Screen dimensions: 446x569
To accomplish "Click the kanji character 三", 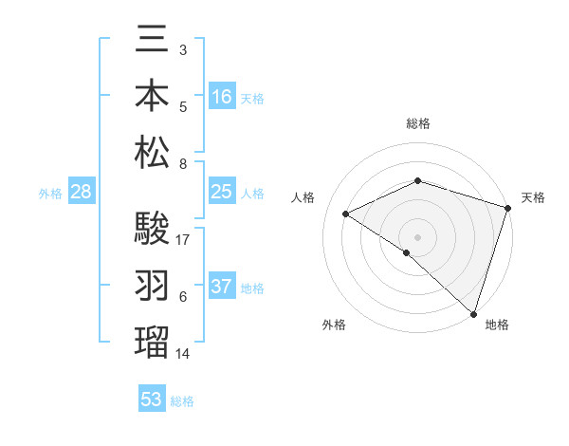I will pyautogui.click(x=152, y=43).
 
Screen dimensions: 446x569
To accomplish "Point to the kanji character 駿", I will pyautogui.click(x=152, y=229).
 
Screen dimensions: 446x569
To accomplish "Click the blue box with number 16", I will pyautogui.click(x=222, y=97).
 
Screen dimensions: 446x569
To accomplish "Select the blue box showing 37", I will pyautogui.click(x=222, y=288).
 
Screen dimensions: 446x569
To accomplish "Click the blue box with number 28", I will pyautogui.click(x=81, y=193).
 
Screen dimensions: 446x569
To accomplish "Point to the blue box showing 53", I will pyautogui.click(x=151, y=399).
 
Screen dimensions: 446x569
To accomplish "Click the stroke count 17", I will pyautogui.click(x=184, y=239).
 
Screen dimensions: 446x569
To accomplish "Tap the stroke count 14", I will pyautogui.click(x=184, y=353).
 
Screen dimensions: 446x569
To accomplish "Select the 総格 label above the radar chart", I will pyautogui.click(x=418, y=123).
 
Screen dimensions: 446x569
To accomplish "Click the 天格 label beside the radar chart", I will pyautogui.click(x=533, y=197).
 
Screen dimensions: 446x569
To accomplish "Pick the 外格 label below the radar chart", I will pyautogui.click(x=334, y=325).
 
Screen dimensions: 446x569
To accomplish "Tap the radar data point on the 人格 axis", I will pyautogui.click(x=346, y=214).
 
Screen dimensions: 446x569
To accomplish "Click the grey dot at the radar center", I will pyautogui.click(x=417, y=236).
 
